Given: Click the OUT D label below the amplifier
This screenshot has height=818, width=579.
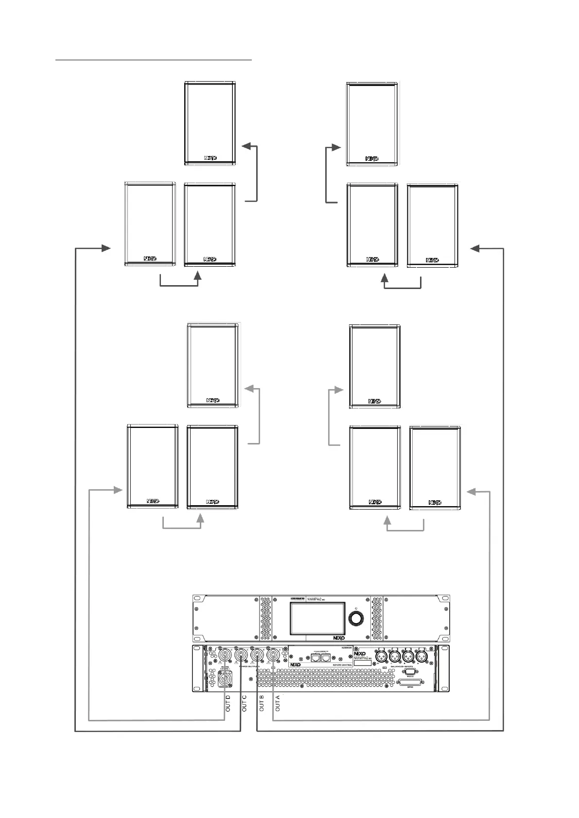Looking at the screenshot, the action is click(228, 704).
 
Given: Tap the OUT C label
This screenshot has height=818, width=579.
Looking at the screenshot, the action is click(245, 704).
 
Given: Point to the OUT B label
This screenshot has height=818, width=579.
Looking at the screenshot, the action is click(262, 704).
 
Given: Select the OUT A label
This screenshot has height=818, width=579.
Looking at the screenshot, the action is click(278, 704).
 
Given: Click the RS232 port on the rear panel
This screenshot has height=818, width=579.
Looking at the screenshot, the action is click(409, 673).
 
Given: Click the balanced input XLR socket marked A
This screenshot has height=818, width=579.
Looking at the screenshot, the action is click(421, 656).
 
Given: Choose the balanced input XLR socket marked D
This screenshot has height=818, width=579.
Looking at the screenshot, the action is click(382, 656).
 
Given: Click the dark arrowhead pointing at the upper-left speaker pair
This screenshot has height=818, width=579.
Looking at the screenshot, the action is click(106, 248).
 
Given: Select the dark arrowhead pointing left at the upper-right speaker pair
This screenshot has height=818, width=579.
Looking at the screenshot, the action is click(475, 248).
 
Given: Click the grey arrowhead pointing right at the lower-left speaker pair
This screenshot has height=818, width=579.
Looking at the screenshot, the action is click(118, 490).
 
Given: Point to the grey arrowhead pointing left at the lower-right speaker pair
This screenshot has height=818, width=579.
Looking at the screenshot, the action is click(471, 492).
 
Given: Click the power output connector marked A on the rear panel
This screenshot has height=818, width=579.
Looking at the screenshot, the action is click(273, 656).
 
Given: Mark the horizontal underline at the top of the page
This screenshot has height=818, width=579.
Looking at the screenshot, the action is click(154, 60).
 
